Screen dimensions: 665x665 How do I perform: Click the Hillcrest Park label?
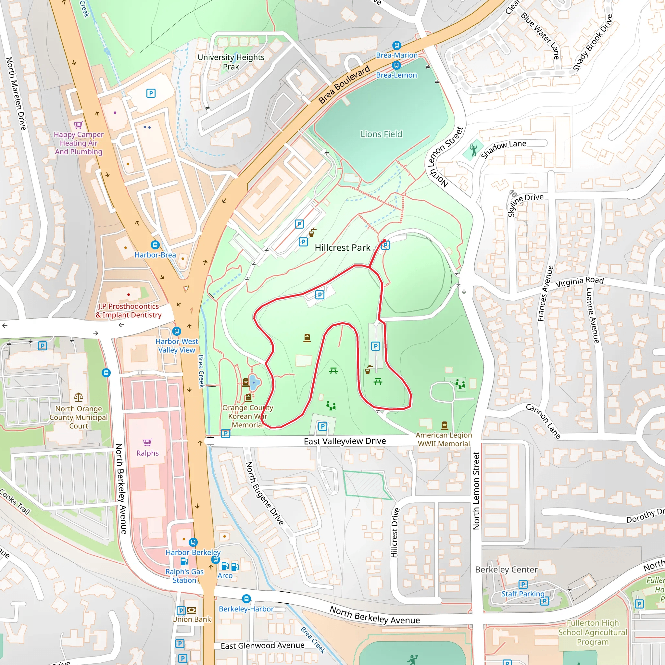coord(343,247)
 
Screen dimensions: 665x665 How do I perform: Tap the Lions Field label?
coord(381,134)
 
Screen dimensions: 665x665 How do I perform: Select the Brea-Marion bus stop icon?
coord(396,45)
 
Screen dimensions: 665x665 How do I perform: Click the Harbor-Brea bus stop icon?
coord(155,245)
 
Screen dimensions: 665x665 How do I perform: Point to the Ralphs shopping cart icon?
coord(147,442)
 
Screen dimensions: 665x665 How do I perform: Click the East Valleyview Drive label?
coord(345,441)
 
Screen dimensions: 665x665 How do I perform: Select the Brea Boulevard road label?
coord(344,84)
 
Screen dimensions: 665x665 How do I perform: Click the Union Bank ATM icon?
coord(192,610)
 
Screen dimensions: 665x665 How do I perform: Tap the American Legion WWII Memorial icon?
coord(445,425)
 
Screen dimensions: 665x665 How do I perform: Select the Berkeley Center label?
coord(506,570)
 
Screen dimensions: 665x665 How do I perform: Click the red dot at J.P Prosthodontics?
coord(128,295)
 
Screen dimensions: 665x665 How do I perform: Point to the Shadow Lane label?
coord(503,149)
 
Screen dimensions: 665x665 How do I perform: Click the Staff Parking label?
coord(522,594)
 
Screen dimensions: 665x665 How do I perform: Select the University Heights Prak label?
coord(231,62)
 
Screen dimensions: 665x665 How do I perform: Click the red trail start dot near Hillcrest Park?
coord(384,241)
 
